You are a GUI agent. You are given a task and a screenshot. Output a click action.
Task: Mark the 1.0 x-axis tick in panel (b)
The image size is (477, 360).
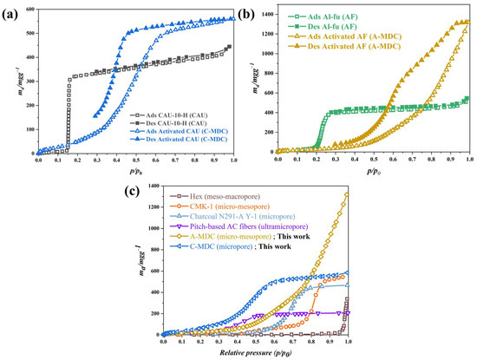click(468, 160)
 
